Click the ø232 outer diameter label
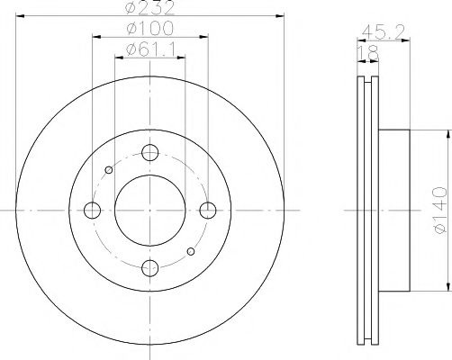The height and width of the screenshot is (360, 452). click(x=149, y=10)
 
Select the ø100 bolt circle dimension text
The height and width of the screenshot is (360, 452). click(x=149, y=31)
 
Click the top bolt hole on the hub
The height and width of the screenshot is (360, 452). click(x=149, y=152)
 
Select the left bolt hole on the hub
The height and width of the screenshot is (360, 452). click(x=92, y=210)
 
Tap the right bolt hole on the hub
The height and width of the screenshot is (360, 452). click(x=208, y=210)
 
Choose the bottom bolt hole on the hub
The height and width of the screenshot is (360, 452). click(x=149, y=267)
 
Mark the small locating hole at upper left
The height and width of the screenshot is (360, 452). click(x=109, y=169)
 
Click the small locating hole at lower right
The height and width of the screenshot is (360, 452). click(x=190, y=251)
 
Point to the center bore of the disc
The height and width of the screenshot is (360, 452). click(x=149, y=210)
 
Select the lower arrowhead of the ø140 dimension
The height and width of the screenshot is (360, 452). click(x=447, y=286)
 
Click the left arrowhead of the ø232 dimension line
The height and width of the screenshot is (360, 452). click(x=19, y=18)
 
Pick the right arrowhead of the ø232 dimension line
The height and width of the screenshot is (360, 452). click(x=280, y=18)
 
